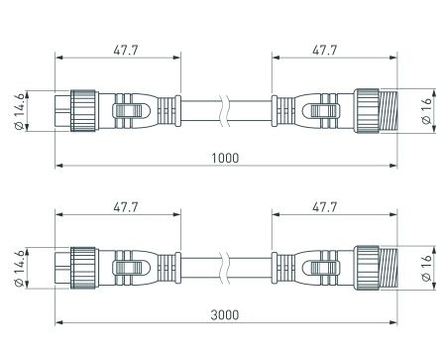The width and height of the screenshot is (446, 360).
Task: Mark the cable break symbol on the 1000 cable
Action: point(226,109)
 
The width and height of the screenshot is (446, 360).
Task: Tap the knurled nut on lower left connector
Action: point(82,269)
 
